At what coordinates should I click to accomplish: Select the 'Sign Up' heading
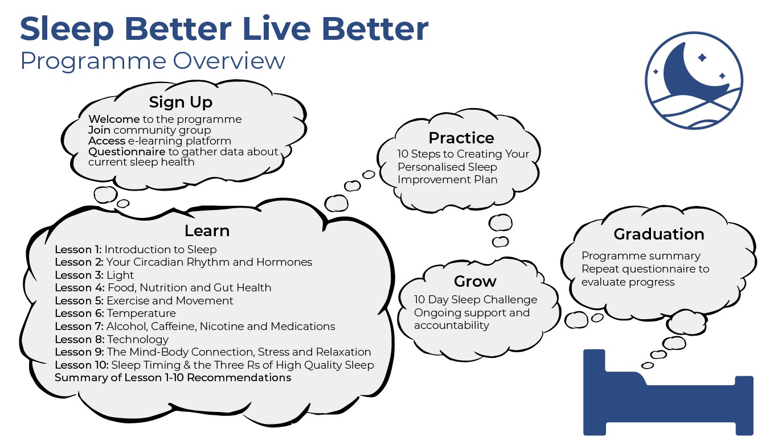coord(181,102)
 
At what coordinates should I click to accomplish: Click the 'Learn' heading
coord(207,231)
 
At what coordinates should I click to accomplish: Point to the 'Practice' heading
coord(461,138)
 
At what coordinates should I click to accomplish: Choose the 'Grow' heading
coord(475,281)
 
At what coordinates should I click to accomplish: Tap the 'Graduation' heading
coord(659,234)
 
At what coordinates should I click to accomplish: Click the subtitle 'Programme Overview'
coord(153,61)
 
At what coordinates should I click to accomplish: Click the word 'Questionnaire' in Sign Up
coord(127,152)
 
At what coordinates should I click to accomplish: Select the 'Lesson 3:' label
coord(79,275)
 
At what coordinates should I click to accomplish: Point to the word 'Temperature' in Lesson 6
coord(141,314)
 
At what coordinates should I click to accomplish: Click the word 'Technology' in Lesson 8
coord(138,339)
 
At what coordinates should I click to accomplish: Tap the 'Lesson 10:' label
coord(81,365)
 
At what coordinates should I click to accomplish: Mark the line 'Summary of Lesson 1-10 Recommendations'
coord(173,378)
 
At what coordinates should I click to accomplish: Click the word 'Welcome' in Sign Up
coord(114,119)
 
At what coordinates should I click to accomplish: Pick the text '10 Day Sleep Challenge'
coord(476,299)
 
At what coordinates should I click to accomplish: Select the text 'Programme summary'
coord(641,256)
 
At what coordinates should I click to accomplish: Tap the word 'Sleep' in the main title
coord(67,30)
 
